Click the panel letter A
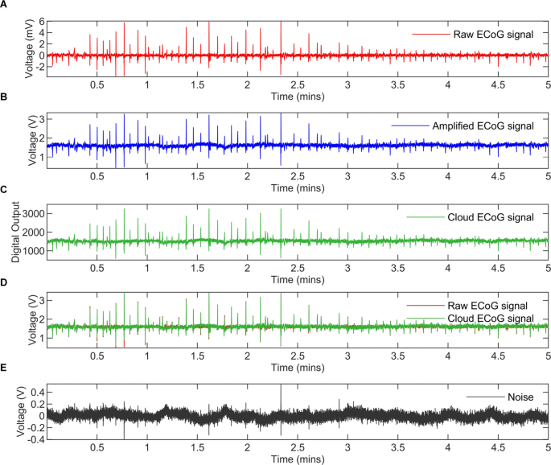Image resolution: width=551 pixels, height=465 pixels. click(x=5, y=5)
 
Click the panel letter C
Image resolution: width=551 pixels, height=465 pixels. click(x=5, y=190)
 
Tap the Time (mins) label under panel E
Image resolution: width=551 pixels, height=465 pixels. click(x=298, y=459)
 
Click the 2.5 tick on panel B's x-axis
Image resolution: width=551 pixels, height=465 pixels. click(x=298, y=176)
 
